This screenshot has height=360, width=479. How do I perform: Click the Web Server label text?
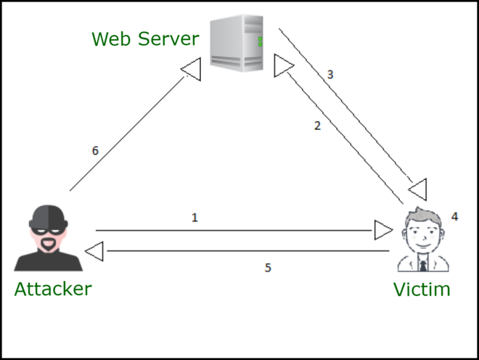tap(145, 38)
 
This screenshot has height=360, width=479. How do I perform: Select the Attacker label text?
tap(53, 289)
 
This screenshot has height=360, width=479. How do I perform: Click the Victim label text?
tap(422, 290)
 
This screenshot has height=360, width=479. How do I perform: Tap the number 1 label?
tap(195, 217)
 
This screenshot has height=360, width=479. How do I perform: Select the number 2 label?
tap(317, 126)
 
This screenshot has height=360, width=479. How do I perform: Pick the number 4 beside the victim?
tap(454, 216)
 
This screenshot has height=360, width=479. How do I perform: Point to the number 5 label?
tap(268, 268)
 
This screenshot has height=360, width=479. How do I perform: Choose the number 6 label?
tap(95, 151)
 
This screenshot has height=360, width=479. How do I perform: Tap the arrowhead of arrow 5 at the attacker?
tap(94, 251)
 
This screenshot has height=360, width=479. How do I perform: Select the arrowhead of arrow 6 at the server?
tap(191, 70)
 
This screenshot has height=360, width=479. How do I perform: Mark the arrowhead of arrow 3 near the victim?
tap(417, 190)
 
